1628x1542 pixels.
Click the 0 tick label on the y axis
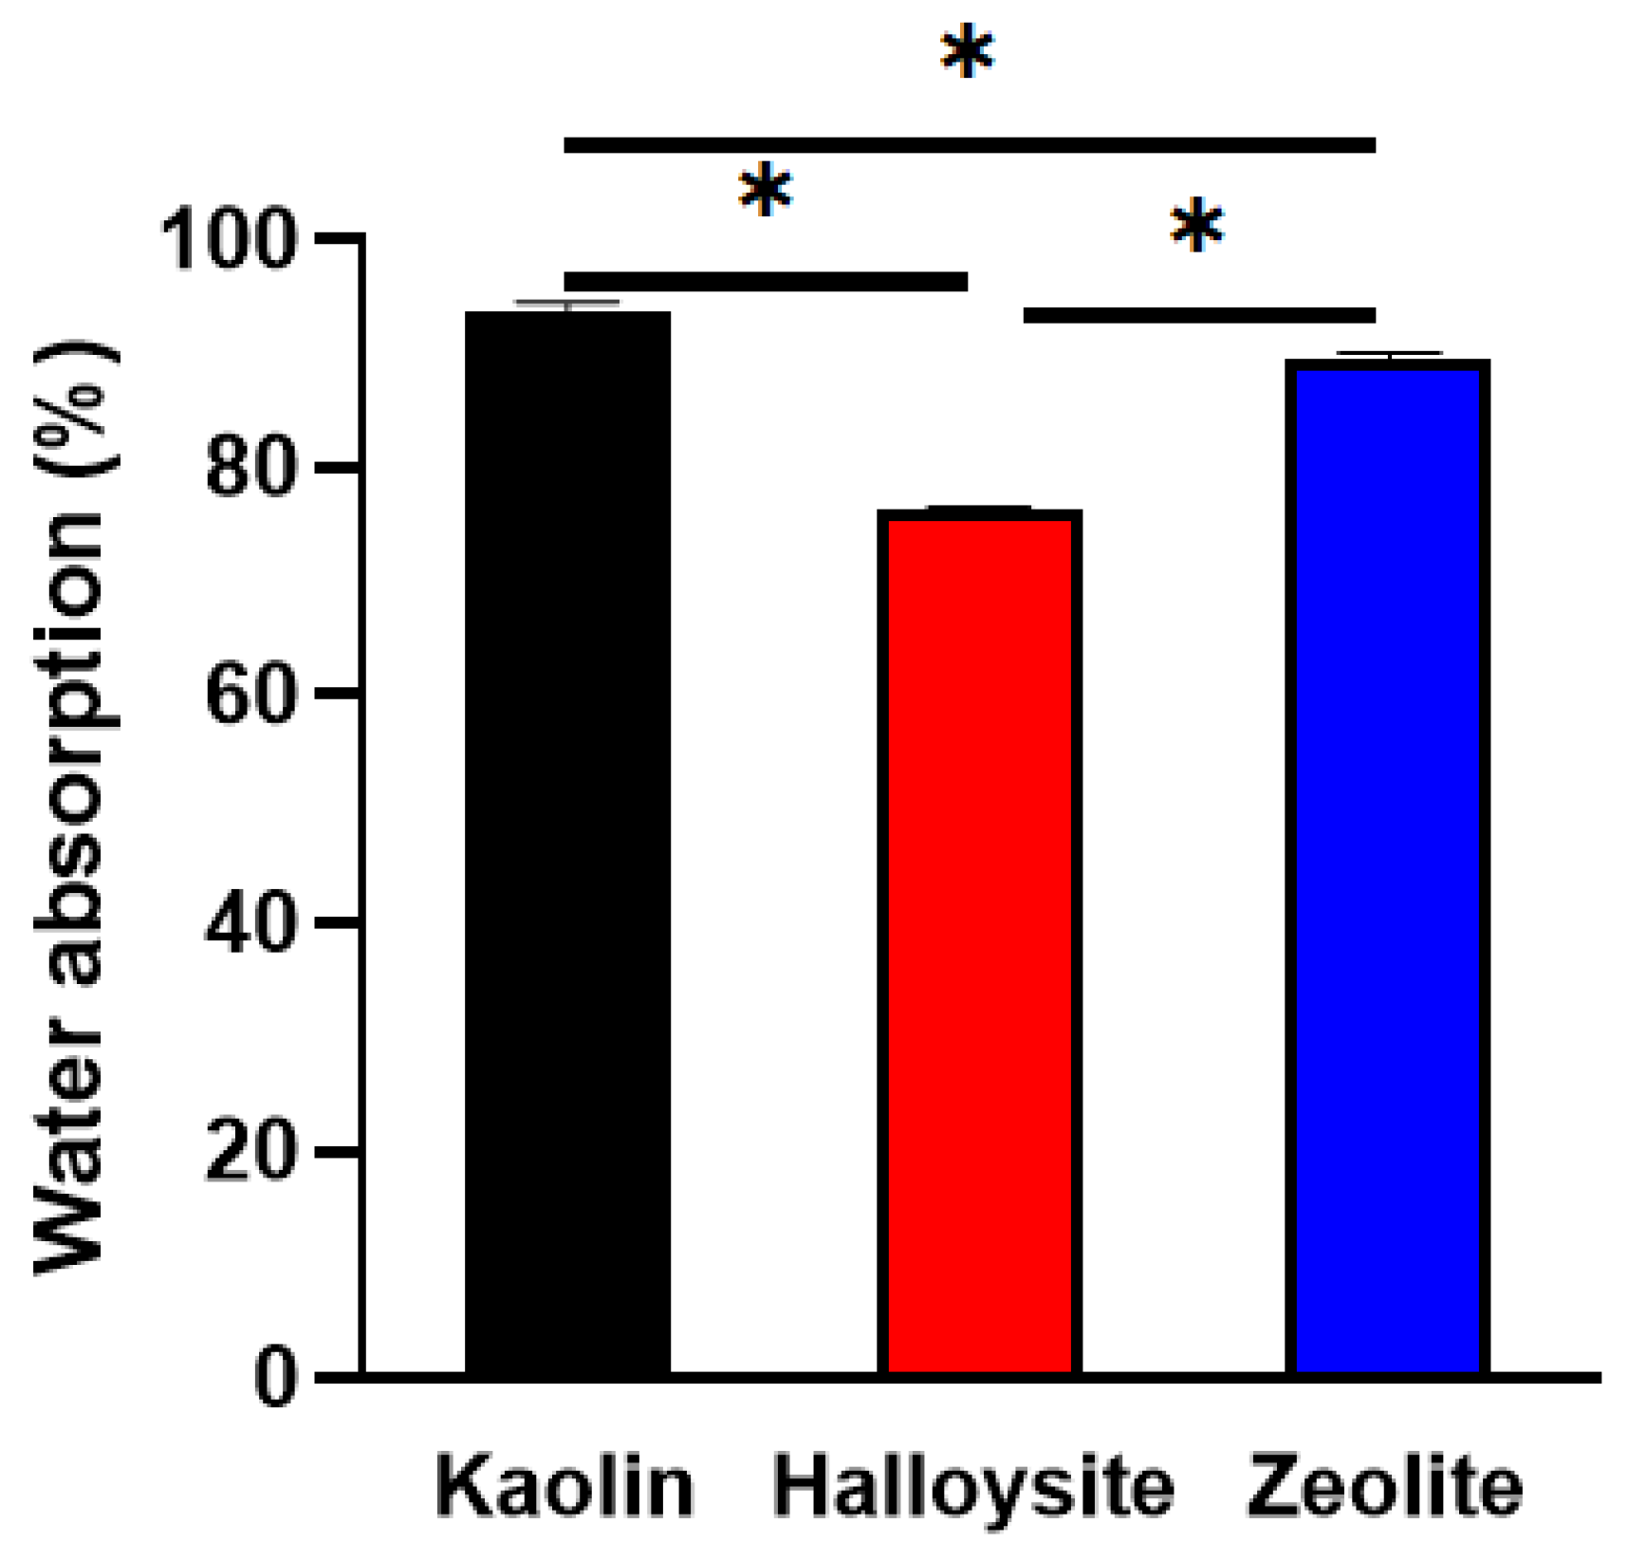[274, 1377]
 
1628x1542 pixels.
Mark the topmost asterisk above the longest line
[967, 54]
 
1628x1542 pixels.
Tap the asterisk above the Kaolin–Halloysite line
[765, 193]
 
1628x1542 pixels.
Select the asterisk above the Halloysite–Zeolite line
[1196, 228]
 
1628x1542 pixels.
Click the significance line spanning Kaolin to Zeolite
[969, 145]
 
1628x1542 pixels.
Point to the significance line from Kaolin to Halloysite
[765, 281]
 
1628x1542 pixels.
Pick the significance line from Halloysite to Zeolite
[1198, 315]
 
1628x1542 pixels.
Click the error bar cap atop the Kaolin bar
[566, 303]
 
